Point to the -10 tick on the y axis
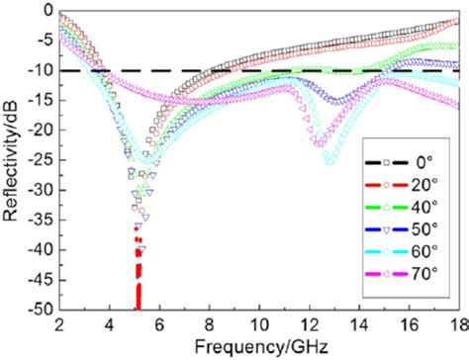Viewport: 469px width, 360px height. (x=42, y=71)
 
